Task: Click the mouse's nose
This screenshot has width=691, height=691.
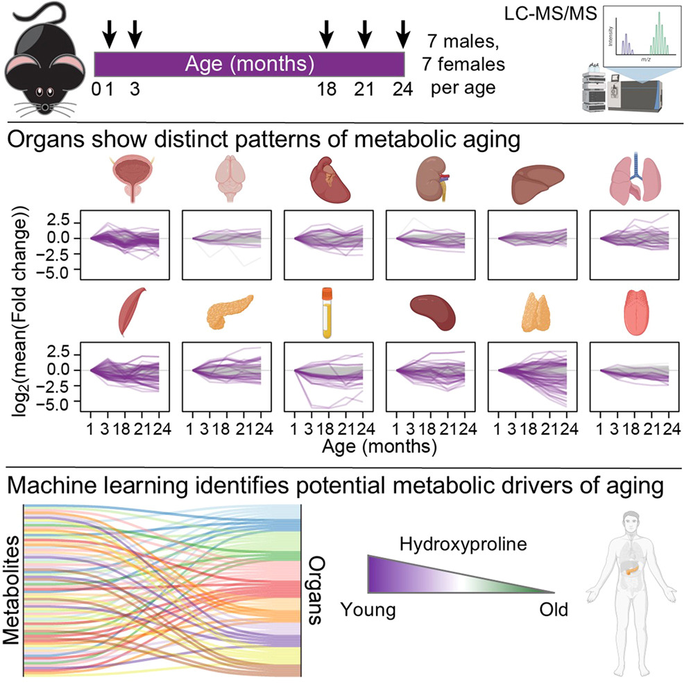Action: click(46, 106)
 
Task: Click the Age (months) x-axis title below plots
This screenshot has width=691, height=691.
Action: click(379, 445)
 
